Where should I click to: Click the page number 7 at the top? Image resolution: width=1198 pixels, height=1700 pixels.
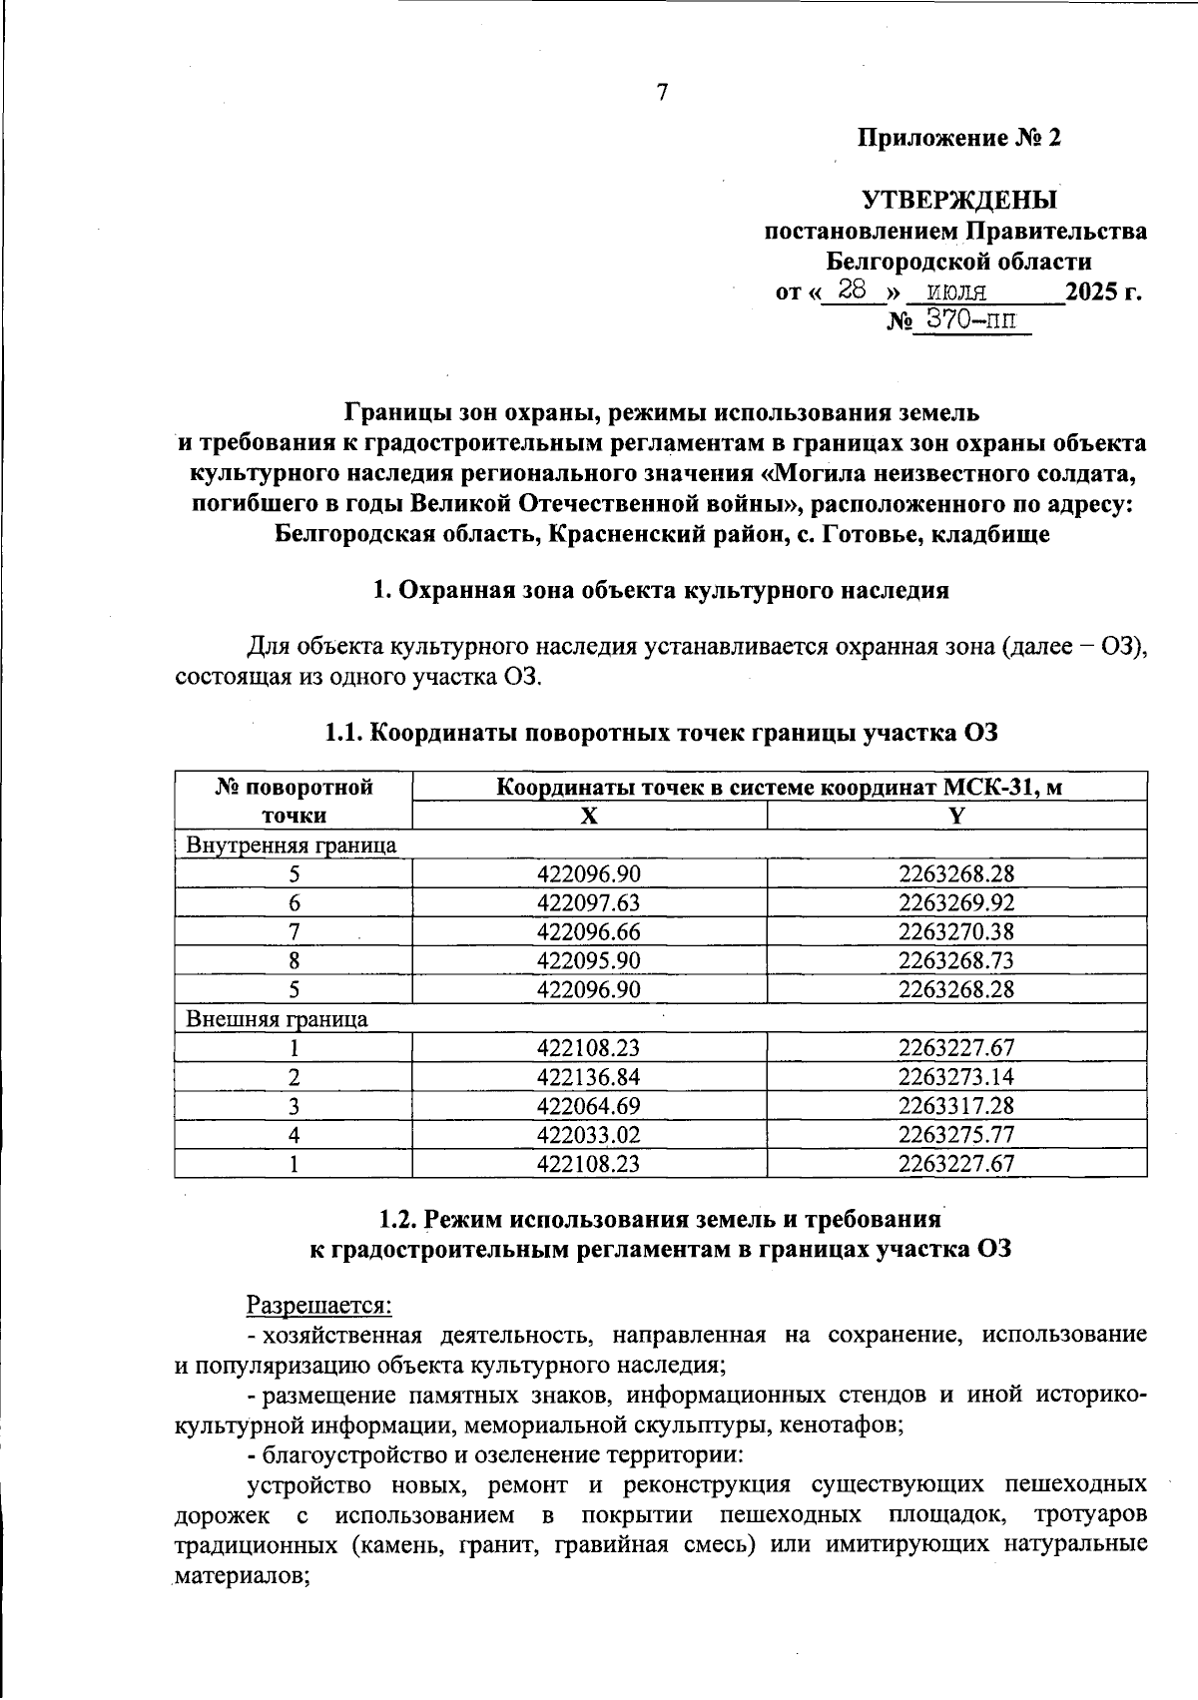pyautogui.click(x=661, y=93)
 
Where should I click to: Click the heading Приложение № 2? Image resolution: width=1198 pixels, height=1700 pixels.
pyautogui.click(x=959, y=138)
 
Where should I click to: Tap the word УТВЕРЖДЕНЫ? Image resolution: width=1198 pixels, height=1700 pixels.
pyautogui.click(x=958, y=201)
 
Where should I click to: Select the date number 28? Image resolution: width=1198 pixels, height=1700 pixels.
pyautogui.click(x=852, y=290)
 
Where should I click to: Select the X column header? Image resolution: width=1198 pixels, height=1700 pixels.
pyautogui.click(x=589, y=816)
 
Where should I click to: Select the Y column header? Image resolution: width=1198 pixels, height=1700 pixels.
pyautogui.click(x=956, y=816)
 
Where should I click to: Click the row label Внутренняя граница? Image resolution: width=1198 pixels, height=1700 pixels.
pyautogui.click(x=292, y=845)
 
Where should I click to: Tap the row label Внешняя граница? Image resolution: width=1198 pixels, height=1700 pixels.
pyautogui.click(x=278, y=1018)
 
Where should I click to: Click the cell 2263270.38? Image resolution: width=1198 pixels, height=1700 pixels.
pyautogui.click(x=955, y=931)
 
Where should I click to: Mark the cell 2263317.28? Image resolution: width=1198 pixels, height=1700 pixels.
pyautogui.click(x=955, y=1106)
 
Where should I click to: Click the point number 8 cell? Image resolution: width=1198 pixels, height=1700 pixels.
pyautogui.click(x=295, y=960)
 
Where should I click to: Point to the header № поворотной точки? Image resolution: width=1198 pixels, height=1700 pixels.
pyautogui.click(x=295, y=801)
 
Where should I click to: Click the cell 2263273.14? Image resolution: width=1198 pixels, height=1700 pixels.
pyautogui.click(x=955, y=1077)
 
